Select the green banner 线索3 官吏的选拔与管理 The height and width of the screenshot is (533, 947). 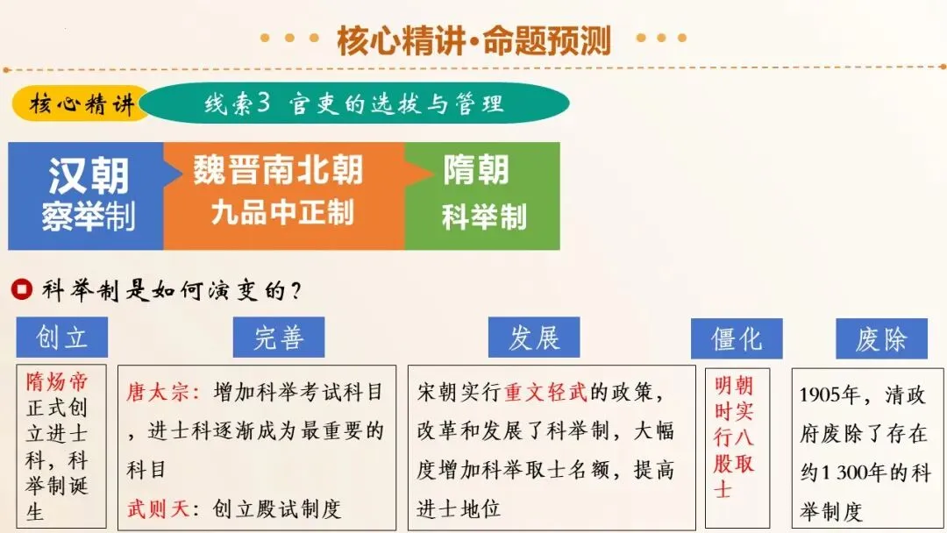click(354, 104)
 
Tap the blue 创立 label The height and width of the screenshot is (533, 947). click(61, 338)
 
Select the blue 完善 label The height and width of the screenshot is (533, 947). click(279, 338)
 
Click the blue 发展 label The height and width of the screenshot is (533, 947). click(534, 338)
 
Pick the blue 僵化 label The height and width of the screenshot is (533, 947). click(737, 338)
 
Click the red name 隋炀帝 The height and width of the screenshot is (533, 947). click(57, 383)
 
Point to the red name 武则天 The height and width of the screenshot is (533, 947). click(157, 508)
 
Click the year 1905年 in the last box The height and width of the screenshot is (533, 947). click(830, 395)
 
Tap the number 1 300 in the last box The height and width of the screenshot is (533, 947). click(851, 473)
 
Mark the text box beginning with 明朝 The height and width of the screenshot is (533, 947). click(736, 446)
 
